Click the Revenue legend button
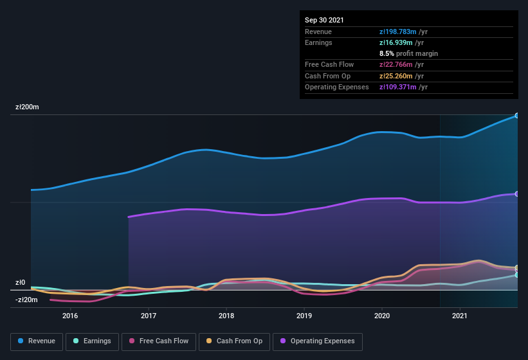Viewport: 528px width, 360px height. pos(37,341)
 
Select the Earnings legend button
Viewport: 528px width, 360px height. pos(93,341)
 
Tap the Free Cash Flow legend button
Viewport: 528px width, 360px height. pos(159,341)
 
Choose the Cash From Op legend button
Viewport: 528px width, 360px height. pos(234,341)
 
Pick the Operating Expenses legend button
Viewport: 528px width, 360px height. pos(318,341)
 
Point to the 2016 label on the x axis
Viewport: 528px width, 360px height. pos(70,316)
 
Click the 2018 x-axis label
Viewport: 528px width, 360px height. pos(226,316)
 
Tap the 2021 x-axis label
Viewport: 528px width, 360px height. pos(460,316)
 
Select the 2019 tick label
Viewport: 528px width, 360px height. pos(304,316)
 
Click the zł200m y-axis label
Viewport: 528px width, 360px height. pos(28,107)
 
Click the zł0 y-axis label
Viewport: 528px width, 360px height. pos(20,282)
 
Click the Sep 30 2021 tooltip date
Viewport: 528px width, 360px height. pos(325,20)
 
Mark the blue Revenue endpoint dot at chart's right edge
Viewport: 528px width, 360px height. pos(516,116)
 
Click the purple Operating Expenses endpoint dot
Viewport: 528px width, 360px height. pos(516,194)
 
